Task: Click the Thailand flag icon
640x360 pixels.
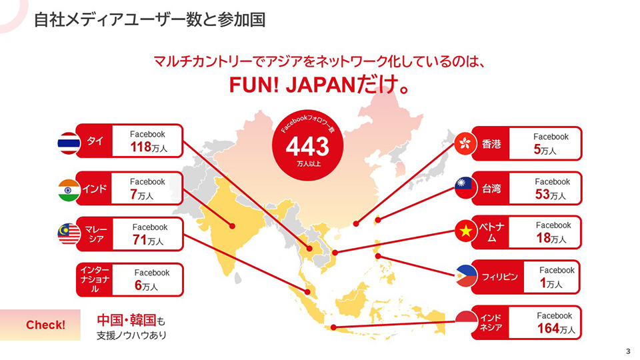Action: tap(69, 143)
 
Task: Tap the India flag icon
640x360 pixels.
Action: tap(69, 189)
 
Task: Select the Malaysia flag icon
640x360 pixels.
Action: tap(69, 233)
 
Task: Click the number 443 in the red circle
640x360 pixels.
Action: tap(307, 146)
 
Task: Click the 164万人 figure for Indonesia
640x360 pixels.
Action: tap(555, 329)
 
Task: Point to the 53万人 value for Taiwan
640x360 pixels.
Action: tap(550, 195)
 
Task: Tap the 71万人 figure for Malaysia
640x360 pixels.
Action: tap(147, 240)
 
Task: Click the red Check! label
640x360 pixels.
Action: tap(45, 325)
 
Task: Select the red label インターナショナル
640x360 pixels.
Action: tap(93, 279)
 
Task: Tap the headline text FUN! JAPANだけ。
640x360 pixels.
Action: tap(319, 87)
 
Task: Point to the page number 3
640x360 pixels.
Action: tap(628, 351)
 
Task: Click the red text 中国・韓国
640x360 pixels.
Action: tap(126, 320)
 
